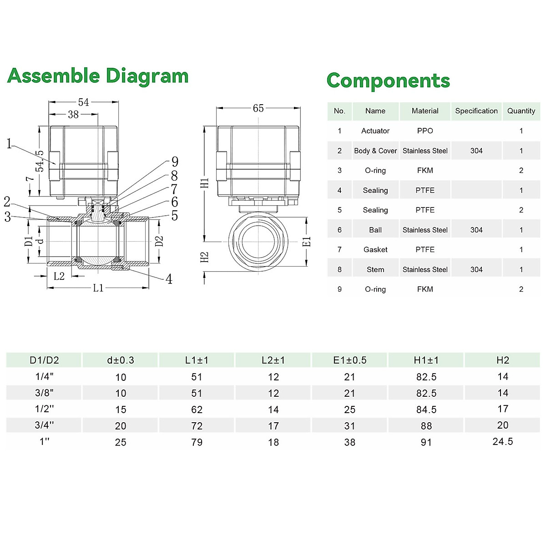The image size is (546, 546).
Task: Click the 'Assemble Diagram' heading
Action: [98, 76]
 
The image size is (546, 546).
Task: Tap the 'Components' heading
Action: [388, 81]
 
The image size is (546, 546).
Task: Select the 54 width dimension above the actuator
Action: [84, 102]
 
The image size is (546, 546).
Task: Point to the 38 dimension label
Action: [73, 115]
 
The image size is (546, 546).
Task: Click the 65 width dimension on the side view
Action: [258, 108]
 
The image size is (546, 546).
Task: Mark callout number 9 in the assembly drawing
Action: [175, 162]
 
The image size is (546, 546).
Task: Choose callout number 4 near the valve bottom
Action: [169, 279]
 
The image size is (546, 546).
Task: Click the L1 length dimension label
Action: [98, 288]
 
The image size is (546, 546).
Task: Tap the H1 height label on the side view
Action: [205, 182]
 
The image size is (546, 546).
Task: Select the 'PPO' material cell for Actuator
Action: [425, 131]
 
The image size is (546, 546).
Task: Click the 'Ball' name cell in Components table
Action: [375, 230]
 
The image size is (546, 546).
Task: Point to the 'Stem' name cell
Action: [375, 270]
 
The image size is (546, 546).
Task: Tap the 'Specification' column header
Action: [476, 111]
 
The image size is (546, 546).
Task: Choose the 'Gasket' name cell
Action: [375, 250]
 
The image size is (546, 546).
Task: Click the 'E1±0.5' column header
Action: [349, 360]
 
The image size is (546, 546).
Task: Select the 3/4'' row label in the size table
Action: [44, 425]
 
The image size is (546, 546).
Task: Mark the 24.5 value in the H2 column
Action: [502, 442]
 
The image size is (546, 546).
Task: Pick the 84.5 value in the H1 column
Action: [426, 409]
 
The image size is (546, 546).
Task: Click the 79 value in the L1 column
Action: [197, 442]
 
